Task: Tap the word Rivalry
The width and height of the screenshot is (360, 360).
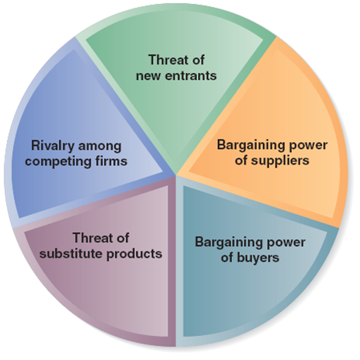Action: click(53, 146)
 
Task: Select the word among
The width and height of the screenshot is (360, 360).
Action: click(99, 147)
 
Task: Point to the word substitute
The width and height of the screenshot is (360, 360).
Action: click(71, 254)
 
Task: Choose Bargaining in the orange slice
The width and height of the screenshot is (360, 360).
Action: click(249, 145)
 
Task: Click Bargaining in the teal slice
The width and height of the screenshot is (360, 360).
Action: click(227, 243)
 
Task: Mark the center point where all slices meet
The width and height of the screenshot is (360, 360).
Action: click(176, 176)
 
